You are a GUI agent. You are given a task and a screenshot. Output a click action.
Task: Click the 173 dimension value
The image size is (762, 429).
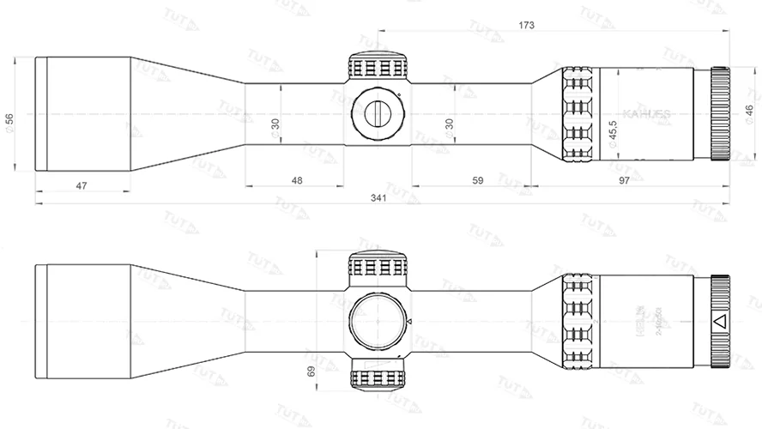[526, 26]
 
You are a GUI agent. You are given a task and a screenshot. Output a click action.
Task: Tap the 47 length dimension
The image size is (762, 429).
[82, 184]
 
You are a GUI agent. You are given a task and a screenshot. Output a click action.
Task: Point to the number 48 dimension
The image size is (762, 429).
[296, 181]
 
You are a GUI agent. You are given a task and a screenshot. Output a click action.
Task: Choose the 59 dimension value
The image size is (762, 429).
[478, 181]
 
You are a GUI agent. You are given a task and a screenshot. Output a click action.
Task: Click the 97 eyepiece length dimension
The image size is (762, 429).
[647, 181]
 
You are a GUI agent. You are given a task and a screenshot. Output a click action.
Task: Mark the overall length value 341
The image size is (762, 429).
[378, 197]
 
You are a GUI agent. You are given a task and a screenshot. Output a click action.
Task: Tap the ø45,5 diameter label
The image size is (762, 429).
[613, 134]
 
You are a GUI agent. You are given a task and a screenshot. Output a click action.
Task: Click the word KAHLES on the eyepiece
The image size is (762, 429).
[646, 113]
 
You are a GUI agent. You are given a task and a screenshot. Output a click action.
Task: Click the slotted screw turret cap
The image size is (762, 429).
[378, 113]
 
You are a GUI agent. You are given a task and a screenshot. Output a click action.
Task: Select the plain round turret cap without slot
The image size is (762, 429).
[378, 322]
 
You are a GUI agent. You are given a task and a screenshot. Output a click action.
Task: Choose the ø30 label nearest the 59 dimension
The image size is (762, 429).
[449, 125]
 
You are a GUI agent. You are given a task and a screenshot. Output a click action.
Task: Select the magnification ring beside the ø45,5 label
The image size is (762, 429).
[580, 113]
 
